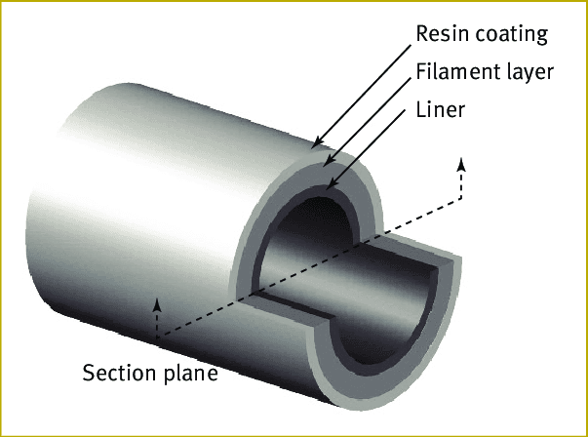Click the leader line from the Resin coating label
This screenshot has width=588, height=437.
(x=361, y=98)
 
